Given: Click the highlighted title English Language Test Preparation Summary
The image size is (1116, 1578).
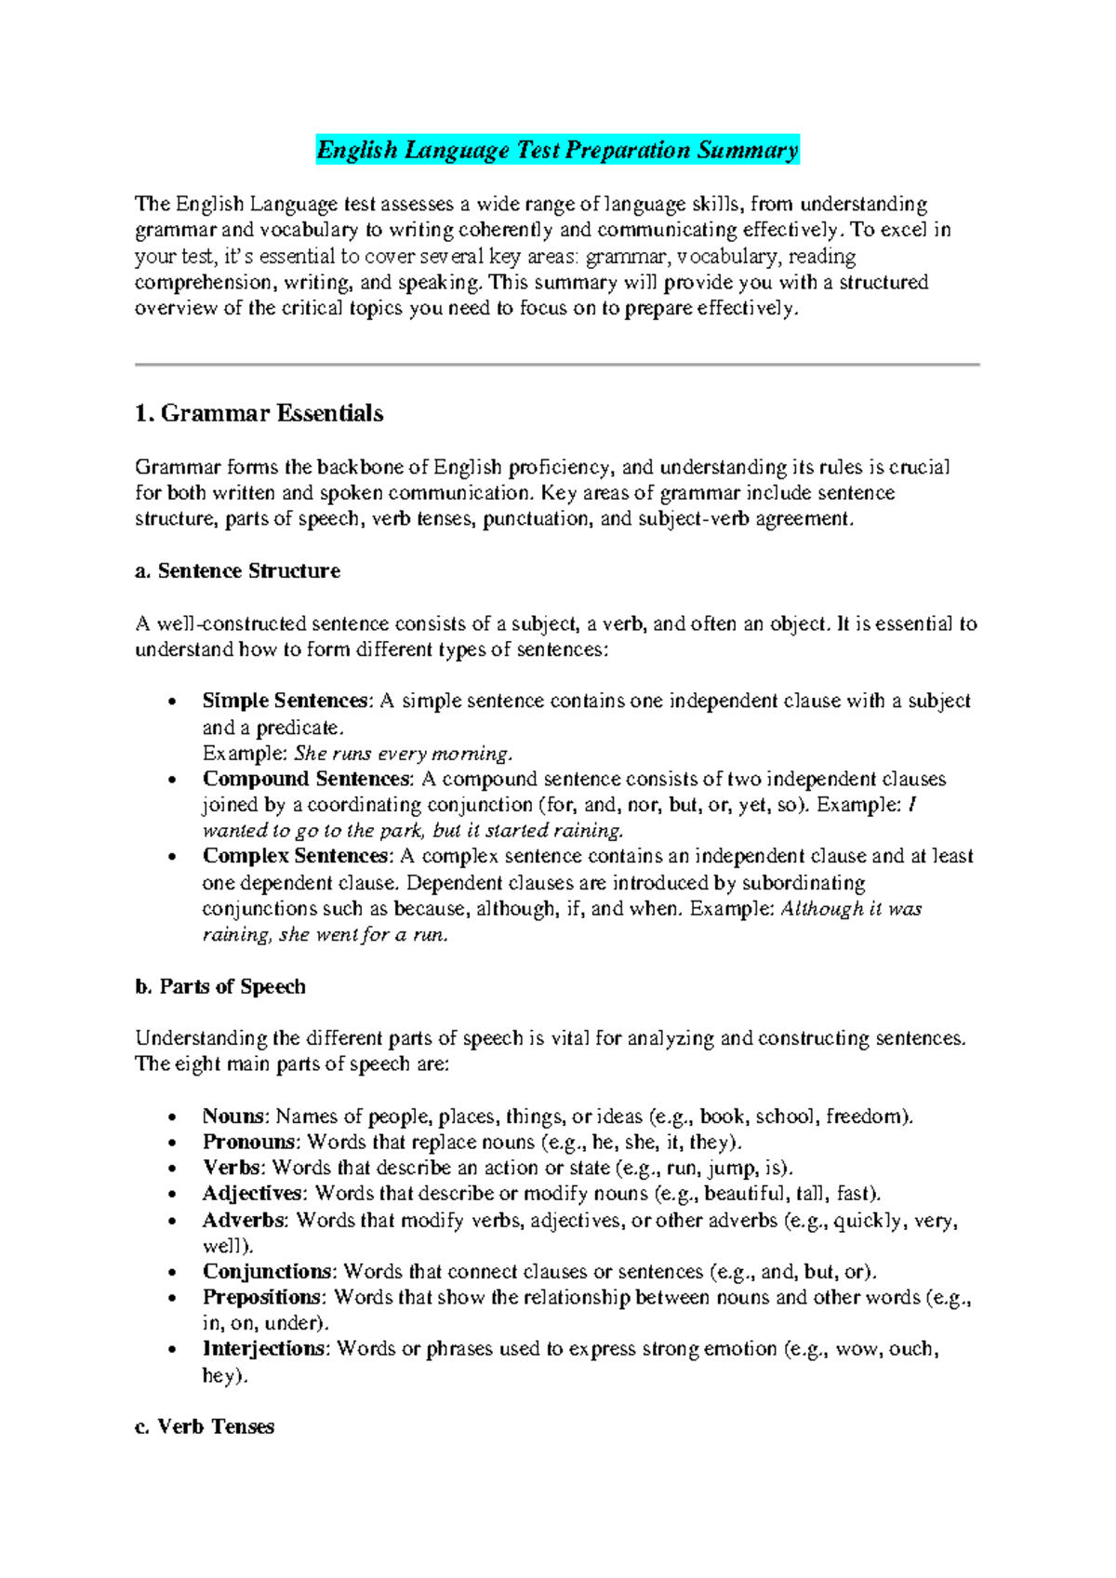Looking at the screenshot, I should [x=557, y=151].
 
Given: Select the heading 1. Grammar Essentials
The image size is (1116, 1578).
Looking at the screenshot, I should [x=259, y=414].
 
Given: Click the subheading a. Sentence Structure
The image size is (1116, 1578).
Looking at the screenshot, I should [x=238, y=571].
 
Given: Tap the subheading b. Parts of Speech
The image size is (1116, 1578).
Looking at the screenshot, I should [x=220, y=987].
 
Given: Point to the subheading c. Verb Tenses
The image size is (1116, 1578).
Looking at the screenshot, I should [x=205, y=1427].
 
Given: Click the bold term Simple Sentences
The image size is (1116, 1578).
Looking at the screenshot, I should [x=285, y=702].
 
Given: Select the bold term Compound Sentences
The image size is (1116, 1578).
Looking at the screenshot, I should [x=306, y=780].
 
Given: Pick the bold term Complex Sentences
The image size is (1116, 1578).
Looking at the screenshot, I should [x=295, y=857].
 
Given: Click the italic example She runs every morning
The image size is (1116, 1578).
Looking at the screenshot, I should [x=403, y=754].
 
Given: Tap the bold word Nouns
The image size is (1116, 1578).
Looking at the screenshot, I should [x=233, y=1117].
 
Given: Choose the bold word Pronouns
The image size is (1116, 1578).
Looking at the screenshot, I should [x=248, y=1143].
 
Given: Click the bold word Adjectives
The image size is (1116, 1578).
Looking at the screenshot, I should [x=252, y=1194].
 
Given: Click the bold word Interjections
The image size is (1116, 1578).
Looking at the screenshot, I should [x=263, y=1349].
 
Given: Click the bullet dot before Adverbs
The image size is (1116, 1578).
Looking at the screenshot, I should [x=172, y=1222].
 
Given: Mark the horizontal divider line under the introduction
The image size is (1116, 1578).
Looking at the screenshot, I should [x=557, y=365].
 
